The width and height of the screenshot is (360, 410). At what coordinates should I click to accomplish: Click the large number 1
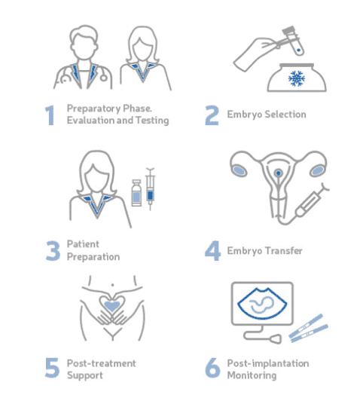click(50, 115)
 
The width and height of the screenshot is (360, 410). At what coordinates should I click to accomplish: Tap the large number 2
click(212, 115)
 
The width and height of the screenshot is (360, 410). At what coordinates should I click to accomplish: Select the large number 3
click(53, 251)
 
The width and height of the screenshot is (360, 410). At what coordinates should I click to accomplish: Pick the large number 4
click(212, 251)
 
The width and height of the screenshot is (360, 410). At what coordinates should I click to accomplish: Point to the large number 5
click(52, 368)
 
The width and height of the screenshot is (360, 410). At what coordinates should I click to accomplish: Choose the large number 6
click(212, 368)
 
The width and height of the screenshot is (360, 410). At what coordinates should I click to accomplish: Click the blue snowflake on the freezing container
click(297, 78)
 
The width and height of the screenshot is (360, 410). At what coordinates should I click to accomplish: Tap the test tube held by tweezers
click(293, 40)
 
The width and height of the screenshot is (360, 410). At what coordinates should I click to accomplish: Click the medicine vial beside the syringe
click(136, 193)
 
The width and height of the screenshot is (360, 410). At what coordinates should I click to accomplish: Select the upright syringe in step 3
click(150, 188)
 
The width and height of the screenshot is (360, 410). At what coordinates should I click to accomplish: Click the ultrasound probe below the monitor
click(276, 339)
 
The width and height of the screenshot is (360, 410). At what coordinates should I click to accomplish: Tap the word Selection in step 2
click(285, 115)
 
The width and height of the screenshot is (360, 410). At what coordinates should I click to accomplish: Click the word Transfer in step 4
click(284, 251)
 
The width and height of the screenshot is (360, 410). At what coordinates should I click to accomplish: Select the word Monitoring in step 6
click(252, 375)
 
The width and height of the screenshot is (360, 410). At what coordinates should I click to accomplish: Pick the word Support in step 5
click(85, 375)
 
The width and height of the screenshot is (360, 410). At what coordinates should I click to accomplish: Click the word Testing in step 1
click(152, 121)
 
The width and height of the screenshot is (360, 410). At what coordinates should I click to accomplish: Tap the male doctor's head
click(84, 42)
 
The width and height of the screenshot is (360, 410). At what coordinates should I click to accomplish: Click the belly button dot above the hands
click(113, 284)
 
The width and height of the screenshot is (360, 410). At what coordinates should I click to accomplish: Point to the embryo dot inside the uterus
click(279, 173)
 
